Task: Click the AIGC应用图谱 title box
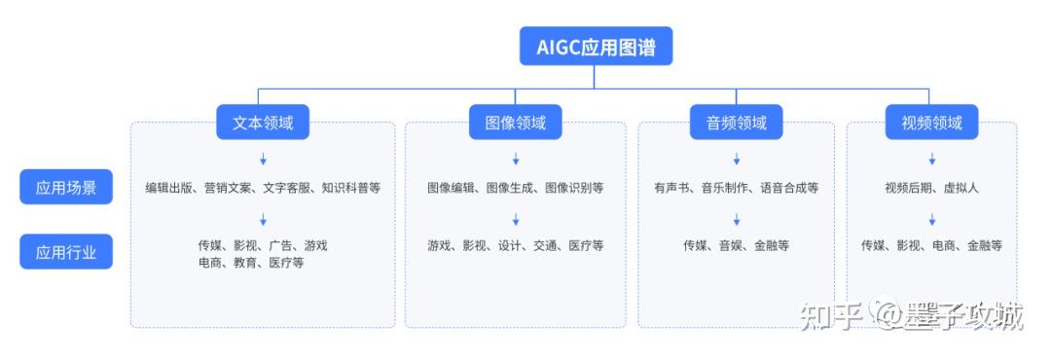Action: (x=595, y=46)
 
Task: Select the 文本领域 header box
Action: (x=263, y=123)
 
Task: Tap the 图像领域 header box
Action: (x=515, y=123)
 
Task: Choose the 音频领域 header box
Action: (x=736, y=123)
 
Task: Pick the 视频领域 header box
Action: (x=931, y=123)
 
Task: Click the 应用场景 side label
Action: (x=66, y=187)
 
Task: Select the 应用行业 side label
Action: (x=66, y=253)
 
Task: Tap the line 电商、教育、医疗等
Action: (x=251, y=263)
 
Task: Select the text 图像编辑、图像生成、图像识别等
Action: (x=515, y=188)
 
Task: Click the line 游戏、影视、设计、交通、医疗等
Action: (x=515, y=245)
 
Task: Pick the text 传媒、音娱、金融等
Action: (x=736, y=245)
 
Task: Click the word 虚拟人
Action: (x=960, y=188)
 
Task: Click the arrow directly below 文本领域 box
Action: (x=263, y=159)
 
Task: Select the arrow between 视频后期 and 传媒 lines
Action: (x=931, y=219)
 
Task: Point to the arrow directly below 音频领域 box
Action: (x=736, y=159)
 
